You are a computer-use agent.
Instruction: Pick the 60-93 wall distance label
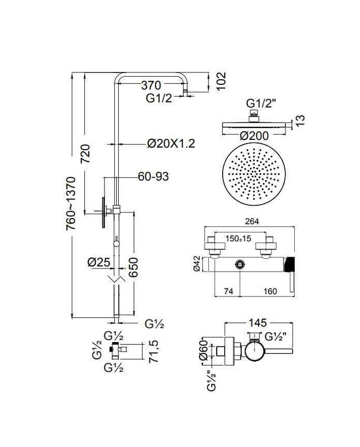153,176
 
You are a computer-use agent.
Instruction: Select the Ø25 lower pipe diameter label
99,262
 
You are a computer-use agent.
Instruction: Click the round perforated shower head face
254,174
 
